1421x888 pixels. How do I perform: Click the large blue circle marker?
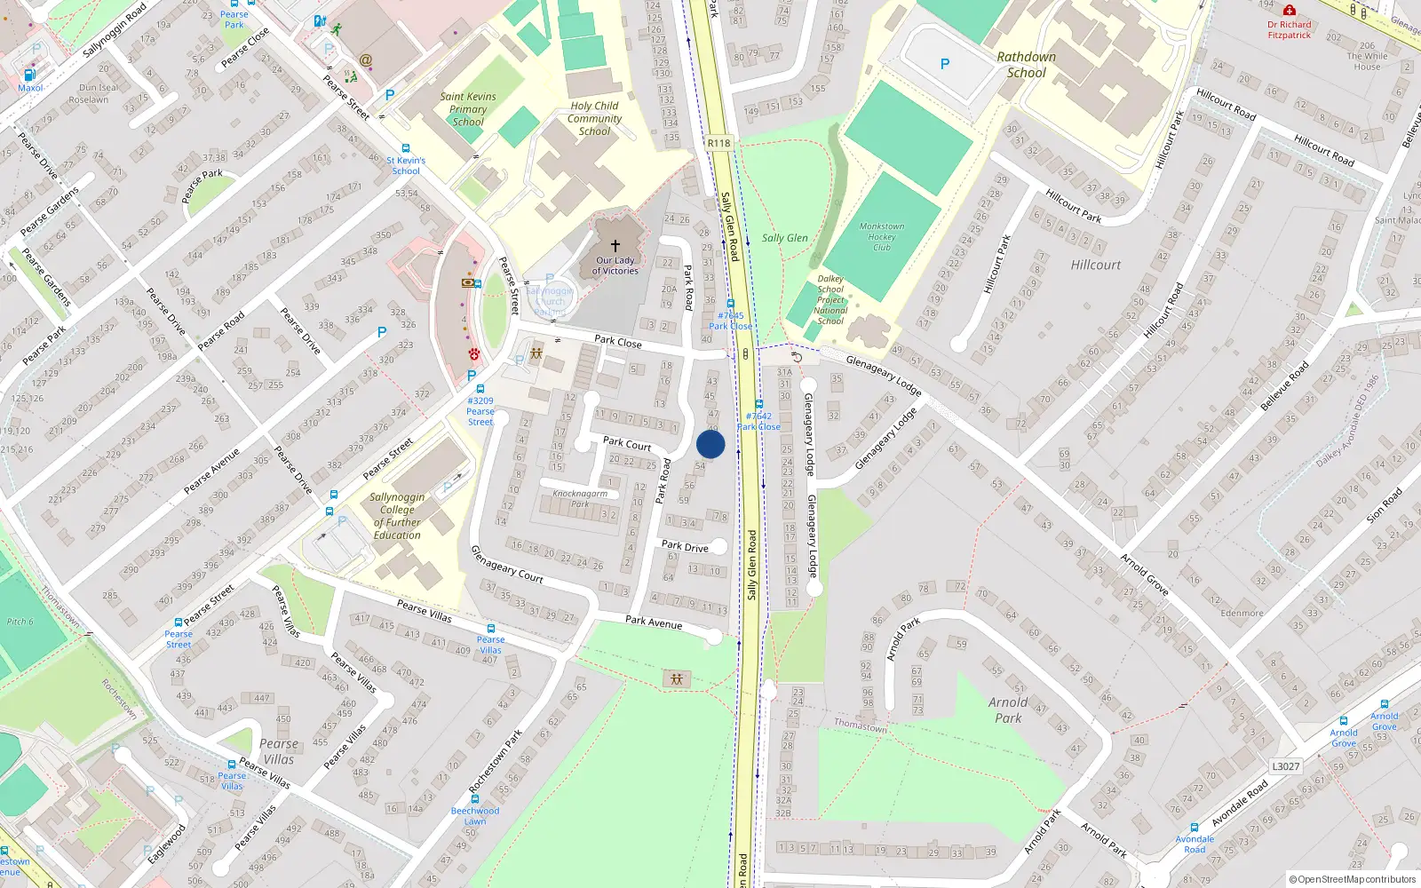click(710, 444)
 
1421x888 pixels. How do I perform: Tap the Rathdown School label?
click(1026, 65)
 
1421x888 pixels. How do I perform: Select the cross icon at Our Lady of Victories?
click(615, 245)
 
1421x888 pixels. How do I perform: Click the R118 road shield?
click(718, 143)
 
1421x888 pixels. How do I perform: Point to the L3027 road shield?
click(1285, 766)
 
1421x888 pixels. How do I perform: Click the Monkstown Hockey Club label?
click(881, 236)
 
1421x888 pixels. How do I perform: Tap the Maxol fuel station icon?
click(29, 75)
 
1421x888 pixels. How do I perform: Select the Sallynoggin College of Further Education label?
click(397, 516)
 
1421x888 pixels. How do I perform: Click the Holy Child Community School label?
click(594, 118)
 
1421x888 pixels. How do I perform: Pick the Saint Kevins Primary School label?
click(468, 109)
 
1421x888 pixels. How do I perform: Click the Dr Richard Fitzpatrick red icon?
click(1289, 11)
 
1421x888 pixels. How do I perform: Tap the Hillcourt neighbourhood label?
click(1095, 265)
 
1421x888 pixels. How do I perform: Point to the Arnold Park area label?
click(1008, 710)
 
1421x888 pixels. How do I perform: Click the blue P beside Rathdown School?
click(944, 64)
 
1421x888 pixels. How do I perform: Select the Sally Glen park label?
click(784, 238)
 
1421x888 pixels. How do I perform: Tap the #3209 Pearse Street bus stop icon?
click(480, 389)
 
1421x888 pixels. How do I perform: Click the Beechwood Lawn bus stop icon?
click(474, 798)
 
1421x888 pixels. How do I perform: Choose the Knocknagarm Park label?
click(580, 498)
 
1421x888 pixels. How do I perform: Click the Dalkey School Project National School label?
click(830, 299)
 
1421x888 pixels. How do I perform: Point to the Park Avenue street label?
click(654, 622)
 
